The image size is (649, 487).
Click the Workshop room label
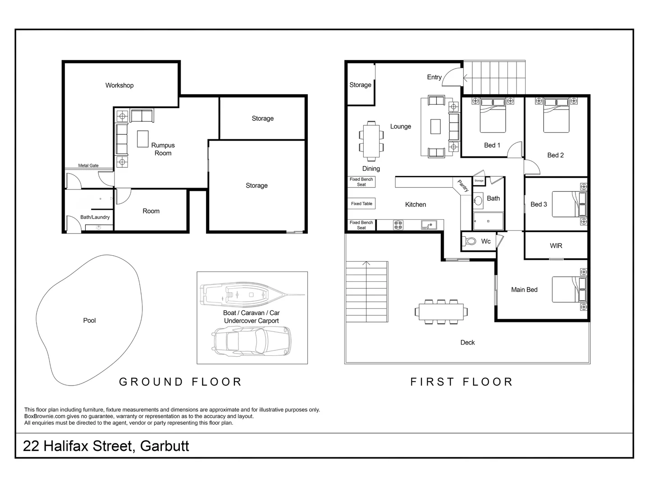(x=119, y=86)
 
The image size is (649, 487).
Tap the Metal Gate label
(x=88, y=165)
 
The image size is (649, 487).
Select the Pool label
(x=89, y=321)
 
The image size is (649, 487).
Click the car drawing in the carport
(x=251, y=340)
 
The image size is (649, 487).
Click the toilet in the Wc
(x=469, y=241)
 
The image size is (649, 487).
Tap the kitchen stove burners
(x=398, y=225)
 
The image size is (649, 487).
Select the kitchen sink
(x=429, y=225)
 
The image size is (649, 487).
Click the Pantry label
(x=463, y=186)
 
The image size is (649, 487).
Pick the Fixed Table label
(x=361, y=204)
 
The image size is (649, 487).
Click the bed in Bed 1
(x=493, y=115)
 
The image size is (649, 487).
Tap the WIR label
(x=556, y=246)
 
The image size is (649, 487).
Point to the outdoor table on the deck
(x=441, y=312)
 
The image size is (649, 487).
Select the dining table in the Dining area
(x=371, y=141)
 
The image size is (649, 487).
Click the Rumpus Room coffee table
(x=143, y=139)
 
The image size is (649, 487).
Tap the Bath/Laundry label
(x=95, y=217)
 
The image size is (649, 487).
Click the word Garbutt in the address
(x=165, y=446)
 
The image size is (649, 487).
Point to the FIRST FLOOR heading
(x=461, y=382)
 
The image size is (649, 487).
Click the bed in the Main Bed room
(x=570, y=289)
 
